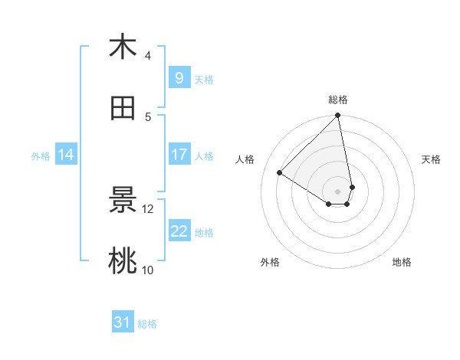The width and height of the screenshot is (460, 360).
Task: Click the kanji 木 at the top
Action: [123, 47]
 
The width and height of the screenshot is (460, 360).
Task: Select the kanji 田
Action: [123, 109]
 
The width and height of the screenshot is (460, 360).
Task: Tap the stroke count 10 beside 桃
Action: [148, 270]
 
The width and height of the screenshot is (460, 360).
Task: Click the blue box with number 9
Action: [179, 77]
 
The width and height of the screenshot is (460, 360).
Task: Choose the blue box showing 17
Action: [179, 155]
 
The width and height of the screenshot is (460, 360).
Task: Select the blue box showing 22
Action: [179, 231]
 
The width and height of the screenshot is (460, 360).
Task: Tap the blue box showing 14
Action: [66, 155]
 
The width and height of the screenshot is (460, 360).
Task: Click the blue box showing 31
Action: [123, 322]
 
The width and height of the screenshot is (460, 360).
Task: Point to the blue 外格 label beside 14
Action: [41, 156]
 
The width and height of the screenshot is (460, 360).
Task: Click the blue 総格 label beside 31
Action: [147, 324]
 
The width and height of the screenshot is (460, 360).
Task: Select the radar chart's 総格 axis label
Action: [338, 100]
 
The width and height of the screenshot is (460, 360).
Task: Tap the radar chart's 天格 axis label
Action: [432, 159]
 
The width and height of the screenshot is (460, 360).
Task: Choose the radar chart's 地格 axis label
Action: [402, 262]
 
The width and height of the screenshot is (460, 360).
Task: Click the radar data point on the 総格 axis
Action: [338, 116]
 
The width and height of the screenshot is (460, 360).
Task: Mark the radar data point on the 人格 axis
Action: [280, 172]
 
